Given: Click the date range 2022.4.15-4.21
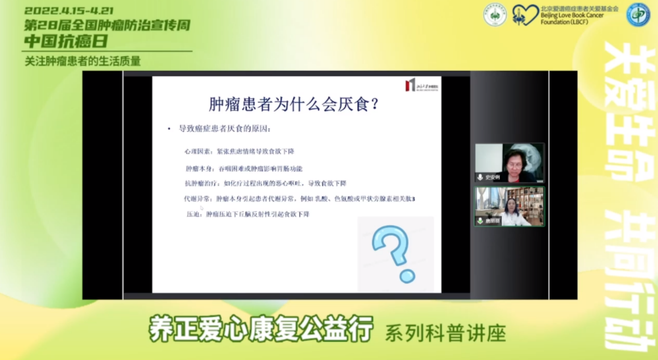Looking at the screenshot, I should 68,10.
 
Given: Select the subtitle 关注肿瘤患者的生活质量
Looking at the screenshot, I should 83,61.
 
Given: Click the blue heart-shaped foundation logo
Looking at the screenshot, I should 525,15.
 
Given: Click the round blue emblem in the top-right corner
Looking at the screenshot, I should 638,15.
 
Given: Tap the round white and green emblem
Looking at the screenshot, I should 495,15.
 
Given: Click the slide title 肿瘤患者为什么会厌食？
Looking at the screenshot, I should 293,104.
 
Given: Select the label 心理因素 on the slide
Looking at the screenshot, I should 195,151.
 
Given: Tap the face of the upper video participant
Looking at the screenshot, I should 510,158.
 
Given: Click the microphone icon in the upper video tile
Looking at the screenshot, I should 480,177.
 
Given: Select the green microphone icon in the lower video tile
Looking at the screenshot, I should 480,221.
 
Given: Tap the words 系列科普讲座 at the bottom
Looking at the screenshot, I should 445,333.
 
